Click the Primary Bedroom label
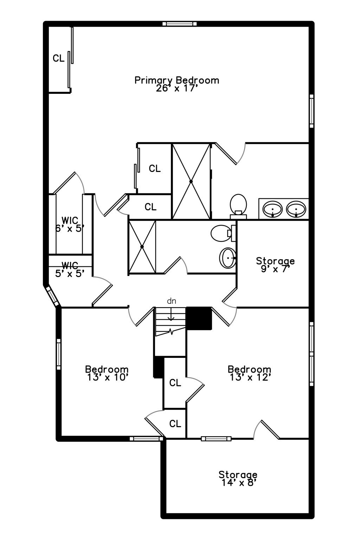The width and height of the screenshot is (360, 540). [x=177, y=80]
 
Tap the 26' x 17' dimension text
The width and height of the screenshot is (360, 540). [x=175, y=88]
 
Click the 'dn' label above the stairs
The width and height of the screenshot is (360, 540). [x=171, y=301]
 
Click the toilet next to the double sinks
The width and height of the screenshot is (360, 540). [x=238, y=205]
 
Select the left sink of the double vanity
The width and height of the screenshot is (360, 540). [x=272, y=209]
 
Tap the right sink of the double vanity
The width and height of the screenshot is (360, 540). [x=296, y=209]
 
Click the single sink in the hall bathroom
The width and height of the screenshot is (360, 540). [x=228, y=258]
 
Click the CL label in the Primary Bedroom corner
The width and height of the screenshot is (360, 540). [x=59, y=58]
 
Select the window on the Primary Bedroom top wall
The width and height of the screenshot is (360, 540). [x=179, y=24]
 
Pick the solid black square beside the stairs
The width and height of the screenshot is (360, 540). [x=199, y=318]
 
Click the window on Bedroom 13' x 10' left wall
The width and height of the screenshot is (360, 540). [x=59, y=354]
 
